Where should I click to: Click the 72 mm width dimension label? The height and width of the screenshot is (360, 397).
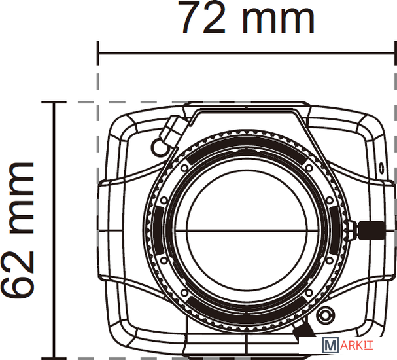click(248, 17)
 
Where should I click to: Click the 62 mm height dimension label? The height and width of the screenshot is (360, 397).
click(18, 230)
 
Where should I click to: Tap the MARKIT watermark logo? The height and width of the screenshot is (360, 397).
click(348, 345)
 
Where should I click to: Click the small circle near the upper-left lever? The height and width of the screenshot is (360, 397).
click(159, 147)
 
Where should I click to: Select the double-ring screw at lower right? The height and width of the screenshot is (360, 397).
click(324, 315)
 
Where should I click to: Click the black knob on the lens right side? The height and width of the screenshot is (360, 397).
click(371, 230)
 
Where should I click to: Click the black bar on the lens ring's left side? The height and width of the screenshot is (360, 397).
click(158, 230)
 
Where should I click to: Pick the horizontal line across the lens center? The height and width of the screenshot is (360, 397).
click(247, 230)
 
